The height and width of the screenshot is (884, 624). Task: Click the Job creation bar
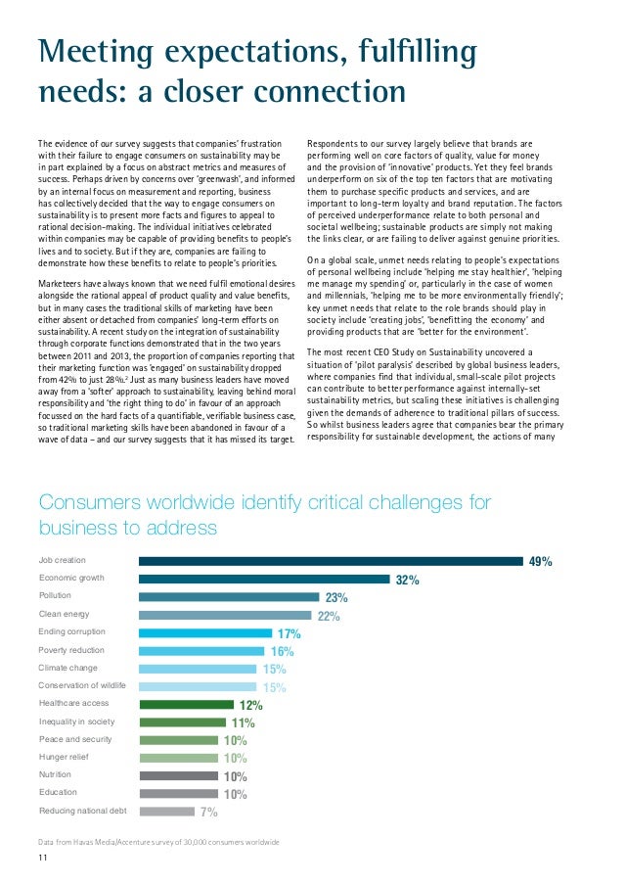[331, 561]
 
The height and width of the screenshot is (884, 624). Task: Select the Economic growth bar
[264, 579]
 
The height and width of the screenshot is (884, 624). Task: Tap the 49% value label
[541, 562]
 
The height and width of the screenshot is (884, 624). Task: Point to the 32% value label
[408, 580]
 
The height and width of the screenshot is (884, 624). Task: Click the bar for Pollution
[229, 596]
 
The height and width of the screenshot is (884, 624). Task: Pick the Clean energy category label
[64, 614]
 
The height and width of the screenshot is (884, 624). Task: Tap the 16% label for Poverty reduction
[283, 651]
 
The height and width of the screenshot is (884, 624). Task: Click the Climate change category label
[67, 667]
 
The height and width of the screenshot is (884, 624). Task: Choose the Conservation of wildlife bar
[198, 686]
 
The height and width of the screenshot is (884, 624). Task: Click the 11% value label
[244, 723]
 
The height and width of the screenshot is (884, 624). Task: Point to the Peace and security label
[74, 739]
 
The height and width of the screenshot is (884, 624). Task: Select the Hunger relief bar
[178, 758]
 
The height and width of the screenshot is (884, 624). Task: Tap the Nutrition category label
[55, 774]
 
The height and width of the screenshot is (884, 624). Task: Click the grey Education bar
[178, 793]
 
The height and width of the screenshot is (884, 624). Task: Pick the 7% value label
[208, 812]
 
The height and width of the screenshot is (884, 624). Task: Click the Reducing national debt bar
[166, 811]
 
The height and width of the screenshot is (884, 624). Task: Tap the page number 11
[43, 860]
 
